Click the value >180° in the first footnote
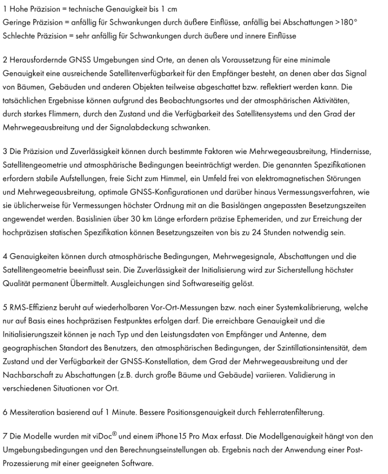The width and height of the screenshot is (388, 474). click(x=346, y=23)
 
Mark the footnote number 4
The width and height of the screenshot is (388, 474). click(x=5, y=257)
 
